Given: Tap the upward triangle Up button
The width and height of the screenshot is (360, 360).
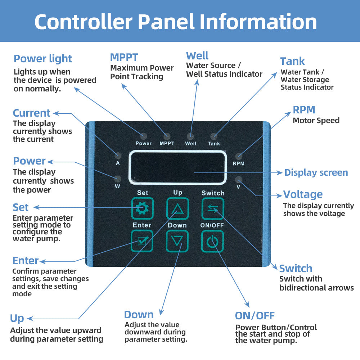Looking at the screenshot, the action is [x=177, y=208].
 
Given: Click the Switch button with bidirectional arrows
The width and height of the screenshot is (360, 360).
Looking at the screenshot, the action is [x=213, y=208].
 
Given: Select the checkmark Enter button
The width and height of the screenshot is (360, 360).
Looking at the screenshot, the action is [x=142, y=241].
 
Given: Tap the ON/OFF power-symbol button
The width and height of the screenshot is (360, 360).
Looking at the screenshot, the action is [x=212, y=241].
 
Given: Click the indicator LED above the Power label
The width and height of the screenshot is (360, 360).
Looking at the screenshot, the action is [x=144, y=136].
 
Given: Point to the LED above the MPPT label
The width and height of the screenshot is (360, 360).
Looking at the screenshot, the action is [x=167, y=136].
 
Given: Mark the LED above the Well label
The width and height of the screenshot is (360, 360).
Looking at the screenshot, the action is [x=190, y=136].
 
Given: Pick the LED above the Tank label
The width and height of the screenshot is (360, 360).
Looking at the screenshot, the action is [x=214, y=136].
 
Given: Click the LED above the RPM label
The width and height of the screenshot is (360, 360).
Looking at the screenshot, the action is [x=239, y=156].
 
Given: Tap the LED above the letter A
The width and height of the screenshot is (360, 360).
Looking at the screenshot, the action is [x=118, y=156].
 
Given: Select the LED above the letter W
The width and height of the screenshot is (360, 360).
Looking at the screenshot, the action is [x=118, y=179].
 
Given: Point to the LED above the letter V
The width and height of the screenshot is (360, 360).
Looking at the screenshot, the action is [x=238, y=179].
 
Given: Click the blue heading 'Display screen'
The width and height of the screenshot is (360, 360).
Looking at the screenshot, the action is [x=316, y=172].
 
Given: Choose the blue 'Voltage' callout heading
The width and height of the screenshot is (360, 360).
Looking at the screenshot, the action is [x=303, y=194].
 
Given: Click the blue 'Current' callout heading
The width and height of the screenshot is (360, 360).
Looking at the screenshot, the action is [x=31, y=113].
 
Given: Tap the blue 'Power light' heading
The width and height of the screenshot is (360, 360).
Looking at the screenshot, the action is [x=43, y=59].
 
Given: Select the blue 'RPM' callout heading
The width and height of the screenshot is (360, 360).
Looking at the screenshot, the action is [x=304, y=110].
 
